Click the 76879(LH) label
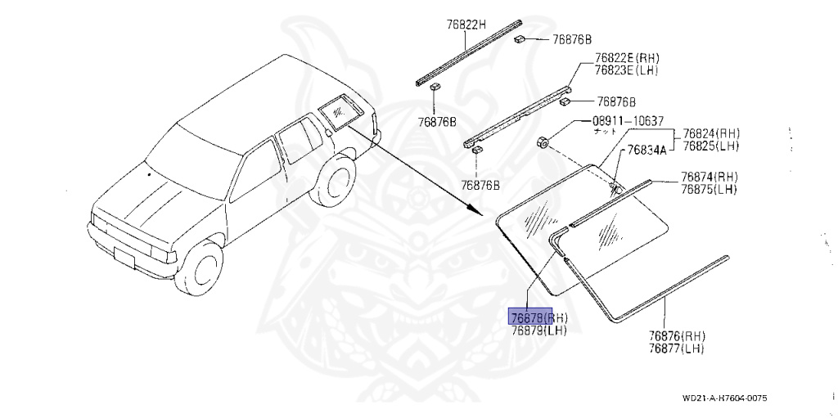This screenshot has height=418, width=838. [538, 330]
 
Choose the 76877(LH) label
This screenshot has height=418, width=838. [676, 348]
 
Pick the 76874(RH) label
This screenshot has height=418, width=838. [710, 178]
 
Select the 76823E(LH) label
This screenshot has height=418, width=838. [628, 70]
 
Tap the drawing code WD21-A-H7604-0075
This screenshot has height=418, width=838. [724, 399]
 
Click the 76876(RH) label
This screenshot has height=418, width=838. [677, 335]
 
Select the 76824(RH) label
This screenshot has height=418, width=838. [711, 133]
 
